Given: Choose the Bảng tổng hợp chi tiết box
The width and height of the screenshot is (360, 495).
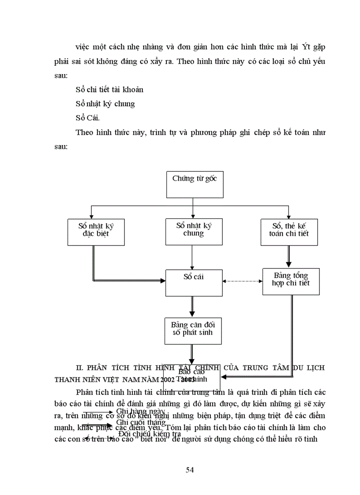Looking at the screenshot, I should coord(291,281).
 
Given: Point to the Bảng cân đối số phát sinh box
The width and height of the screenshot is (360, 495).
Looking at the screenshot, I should coord(193,330).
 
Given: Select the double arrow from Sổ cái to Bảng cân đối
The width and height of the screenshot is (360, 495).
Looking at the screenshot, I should coord(192,306).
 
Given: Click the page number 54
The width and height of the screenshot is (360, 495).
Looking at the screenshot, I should coord(190,469).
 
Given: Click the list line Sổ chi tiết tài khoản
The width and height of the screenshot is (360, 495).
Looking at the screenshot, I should coord(109,89).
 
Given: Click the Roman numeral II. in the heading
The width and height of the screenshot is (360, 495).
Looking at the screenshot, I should coord(79,367).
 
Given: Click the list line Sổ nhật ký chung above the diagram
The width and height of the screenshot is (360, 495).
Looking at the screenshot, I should coord(105,104).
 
